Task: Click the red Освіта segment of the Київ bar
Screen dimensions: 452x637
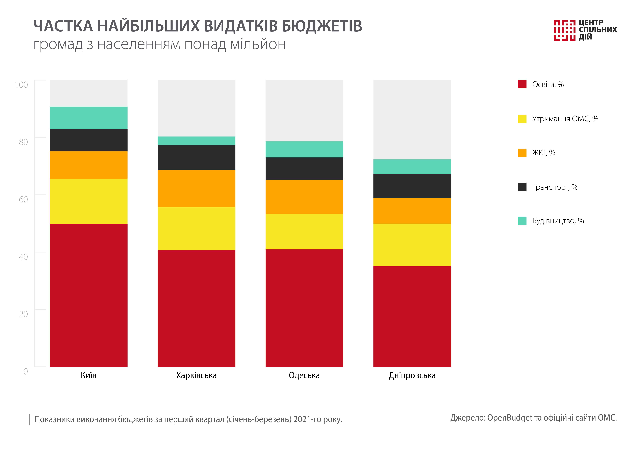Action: [x=89, y=295]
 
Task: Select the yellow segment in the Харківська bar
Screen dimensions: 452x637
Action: [x=196, y=228]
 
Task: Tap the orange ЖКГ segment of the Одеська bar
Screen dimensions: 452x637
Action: [x=304, y=197]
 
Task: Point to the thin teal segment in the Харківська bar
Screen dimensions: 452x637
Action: [x=196, y=141]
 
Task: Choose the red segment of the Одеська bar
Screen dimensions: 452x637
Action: [x=304, y=308]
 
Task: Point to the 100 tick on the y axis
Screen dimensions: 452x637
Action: [x=21, y=85]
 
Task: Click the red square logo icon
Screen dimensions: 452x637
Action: [x=565, y=30]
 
